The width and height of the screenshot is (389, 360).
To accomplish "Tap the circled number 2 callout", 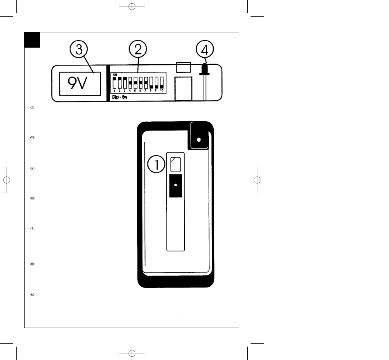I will (138, 51).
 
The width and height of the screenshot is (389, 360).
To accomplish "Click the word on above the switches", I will (115, 74).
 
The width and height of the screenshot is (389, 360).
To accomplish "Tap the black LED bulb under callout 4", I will (203, 70).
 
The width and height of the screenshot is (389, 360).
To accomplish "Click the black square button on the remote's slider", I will (175, 186).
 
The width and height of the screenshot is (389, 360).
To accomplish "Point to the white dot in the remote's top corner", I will (199, 139).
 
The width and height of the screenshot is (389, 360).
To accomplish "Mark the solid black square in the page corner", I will (32, 39).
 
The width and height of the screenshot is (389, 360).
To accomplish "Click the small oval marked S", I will (32, 107).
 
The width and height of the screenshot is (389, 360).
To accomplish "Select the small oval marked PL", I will (32, 294).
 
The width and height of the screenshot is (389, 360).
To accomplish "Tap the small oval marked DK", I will (32, 264).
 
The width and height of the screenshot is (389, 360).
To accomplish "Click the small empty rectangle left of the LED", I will (183, 67).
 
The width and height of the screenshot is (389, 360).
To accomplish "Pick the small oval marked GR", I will (32, 198).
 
